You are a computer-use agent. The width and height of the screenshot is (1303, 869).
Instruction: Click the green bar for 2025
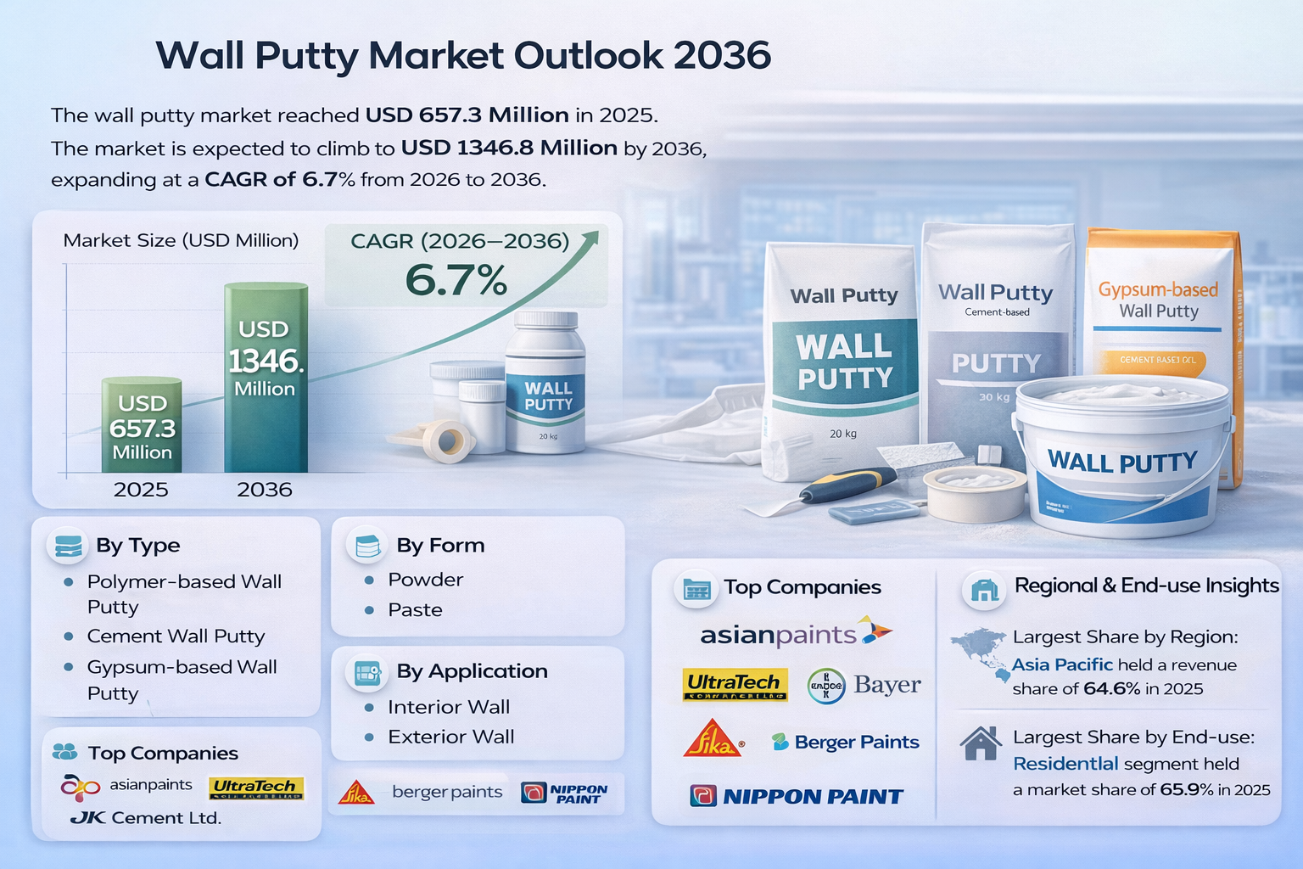(142, 424)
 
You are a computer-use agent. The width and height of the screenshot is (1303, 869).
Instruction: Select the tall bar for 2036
(266, 378)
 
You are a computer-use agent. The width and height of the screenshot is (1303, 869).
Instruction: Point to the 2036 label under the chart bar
(265, 490)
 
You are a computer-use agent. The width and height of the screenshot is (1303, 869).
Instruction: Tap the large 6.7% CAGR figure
(456, 280)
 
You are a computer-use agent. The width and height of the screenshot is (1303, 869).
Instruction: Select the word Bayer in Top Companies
(887, 685)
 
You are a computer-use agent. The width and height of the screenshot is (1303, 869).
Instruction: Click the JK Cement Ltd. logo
(146, 818)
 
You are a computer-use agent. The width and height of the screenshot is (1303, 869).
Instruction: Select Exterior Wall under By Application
(451, 737)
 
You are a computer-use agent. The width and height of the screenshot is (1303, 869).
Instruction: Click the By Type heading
(138, 545)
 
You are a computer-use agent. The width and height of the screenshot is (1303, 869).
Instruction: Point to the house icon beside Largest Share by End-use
(981, 743)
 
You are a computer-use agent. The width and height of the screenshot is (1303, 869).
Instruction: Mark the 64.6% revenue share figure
(1112, 689)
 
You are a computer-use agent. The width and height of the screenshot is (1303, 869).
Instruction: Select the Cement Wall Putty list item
(176, 636)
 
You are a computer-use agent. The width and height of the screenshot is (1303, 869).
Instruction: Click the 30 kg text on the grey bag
(994, 397)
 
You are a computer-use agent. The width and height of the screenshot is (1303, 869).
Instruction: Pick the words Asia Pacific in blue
(1062, 665)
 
